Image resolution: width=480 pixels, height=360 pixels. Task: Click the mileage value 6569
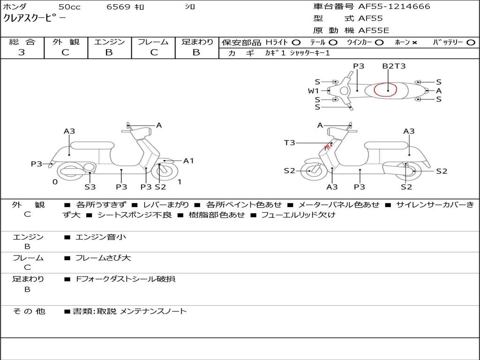(x=119, y=7)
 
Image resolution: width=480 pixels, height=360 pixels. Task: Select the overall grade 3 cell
(x=22, y=52)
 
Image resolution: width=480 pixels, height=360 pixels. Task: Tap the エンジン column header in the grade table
(x=109, y=42)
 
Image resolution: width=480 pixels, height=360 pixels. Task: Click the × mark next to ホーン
(x=414, y=43)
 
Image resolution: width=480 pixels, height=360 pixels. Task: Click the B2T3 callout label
(x=394, y=66)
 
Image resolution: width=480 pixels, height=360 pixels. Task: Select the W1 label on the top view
(x=313, y=91)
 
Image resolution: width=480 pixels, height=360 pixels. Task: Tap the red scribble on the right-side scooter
(x=329, y=147)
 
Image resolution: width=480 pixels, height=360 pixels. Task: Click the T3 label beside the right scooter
(x=289, y=142)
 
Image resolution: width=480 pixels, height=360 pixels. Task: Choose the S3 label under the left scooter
(x=90, y=187)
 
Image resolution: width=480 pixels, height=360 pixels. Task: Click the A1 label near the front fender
(x=188, y=161)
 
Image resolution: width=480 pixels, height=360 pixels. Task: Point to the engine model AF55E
(x=374, y=30)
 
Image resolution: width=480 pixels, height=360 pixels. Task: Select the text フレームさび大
(x=103, y=258)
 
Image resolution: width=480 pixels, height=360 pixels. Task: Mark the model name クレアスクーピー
(x=35, y=18)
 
